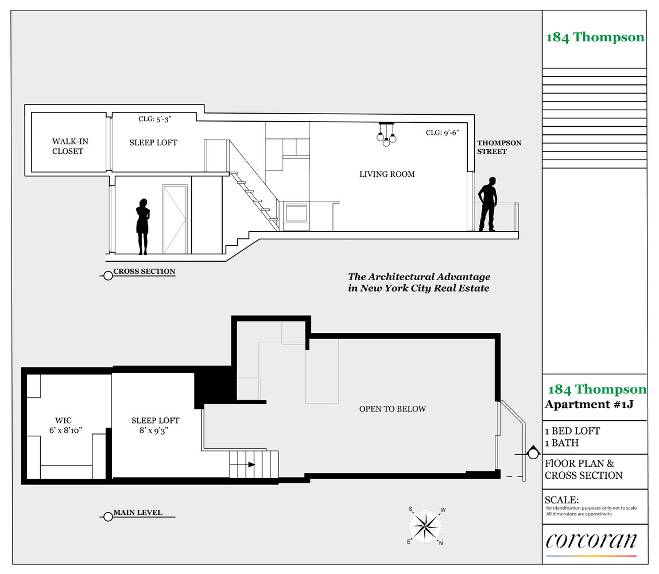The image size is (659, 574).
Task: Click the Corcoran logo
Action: coord(591,541)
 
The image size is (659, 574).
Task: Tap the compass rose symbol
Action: coord(426,526)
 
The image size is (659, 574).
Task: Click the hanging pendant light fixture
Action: coord(387,134)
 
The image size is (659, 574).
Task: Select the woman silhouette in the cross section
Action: coord(143,226)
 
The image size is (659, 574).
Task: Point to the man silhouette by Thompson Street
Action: coord(487,204)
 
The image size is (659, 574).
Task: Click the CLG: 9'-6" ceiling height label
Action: coord(442,133)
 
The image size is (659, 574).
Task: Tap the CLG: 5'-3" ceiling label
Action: coord(154,119)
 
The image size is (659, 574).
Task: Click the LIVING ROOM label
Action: coord(387,174)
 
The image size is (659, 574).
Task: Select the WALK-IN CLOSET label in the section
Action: coord(69,146)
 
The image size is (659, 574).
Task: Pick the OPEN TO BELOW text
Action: coord(393,409)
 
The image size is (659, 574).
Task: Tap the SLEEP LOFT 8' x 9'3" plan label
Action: coord(155,425)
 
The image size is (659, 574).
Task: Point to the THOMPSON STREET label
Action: coord(499,147)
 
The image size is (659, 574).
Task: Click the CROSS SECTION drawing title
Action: coord(144,272)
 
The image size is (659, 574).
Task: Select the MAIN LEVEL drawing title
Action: coord(137,513)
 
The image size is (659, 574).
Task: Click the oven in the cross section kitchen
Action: coord(296,212)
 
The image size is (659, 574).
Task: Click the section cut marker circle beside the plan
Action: coord(533,454)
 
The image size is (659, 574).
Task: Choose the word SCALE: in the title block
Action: coord(561,500)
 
